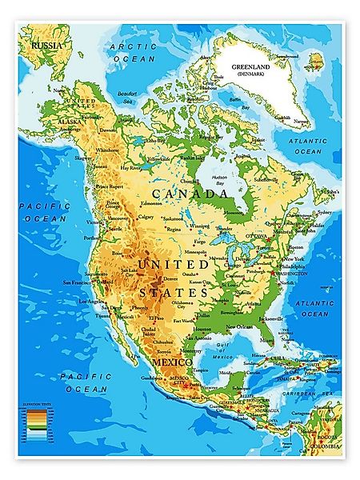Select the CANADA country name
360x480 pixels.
tap(185, 194)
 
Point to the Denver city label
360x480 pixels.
tap(170, 278)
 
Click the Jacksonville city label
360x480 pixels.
tap(272, 318)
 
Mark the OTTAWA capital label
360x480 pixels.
tap(256, 237)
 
